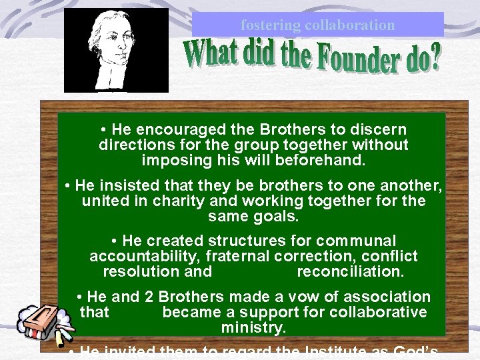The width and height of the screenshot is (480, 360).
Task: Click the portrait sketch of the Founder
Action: [x=116, y=50]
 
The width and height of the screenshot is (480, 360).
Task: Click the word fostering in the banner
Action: [x=270, y=25]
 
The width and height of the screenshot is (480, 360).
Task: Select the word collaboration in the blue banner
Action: [x=349, y=25]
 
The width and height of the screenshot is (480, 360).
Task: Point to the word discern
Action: [x=379, y=129]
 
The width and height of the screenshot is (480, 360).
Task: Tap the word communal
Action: [x=356, y=241]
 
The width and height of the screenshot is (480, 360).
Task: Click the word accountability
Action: [x=145, y=256]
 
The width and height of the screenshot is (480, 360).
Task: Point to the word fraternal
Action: [x=240, y=256]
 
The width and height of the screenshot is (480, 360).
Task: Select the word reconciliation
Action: [x=350, y=272]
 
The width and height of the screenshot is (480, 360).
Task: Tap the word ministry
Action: [x=253, y=328]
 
